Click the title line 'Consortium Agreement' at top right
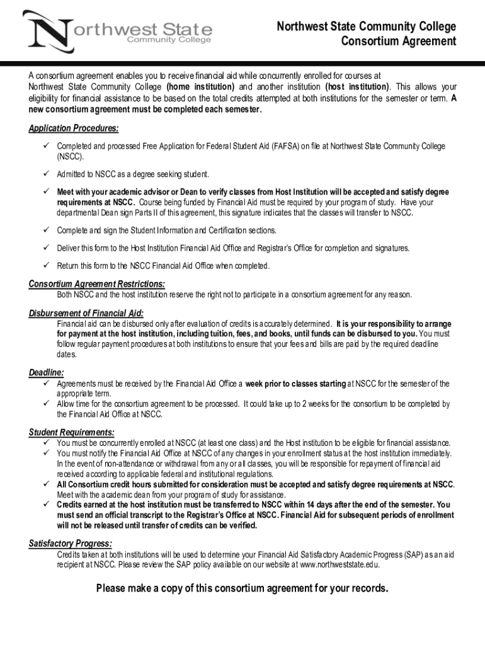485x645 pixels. pyautogui.click(x=398, y=42)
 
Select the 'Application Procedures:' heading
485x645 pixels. pyautogui.click(x=74, y=128)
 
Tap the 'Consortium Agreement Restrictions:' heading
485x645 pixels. pyautogui.click(x=97, y=283)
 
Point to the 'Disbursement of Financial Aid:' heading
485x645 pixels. pyautogui.click(x=86, y=313)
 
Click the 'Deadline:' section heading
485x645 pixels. pyautogui.click(x=46, y=373)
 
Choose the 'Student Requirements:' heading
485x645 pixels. pyautogui.click(x=72, y=432)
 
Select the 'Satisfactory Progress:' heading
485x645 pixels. pyautogui.click(x=71, y=544)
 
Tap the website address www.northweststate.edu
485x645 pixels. pyautogui.click(x=339, y=564)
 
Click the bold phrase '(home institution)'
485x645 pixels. pyautogui.click(x=200, y=86)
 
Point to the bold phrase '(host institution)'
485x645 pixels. pyautogui.click(x=357, y=86)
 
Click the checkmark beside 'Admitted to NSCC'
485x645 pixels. pyautogui.click(x=46, y=174)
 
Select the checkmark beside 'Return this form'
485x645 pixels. pyautogui.click(x=46, y=265)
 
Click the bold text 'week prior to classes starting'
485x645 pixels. pyautogui.click(x=295, y=384)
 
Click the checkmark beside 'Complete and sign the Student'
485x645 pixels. pyautogui.click(x=46, y=231)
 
